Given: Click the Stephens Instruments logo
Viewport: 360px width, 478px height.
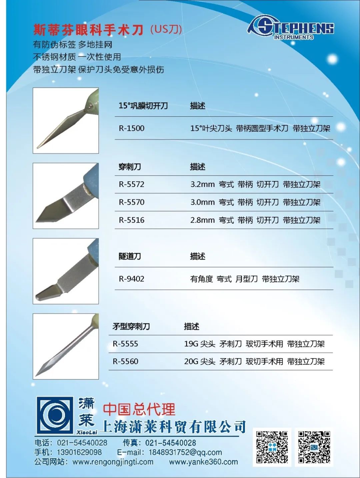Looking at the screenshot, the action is coord(290,28).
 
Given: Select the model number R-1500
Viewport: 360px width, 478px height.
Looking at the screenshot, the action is coord(131,128).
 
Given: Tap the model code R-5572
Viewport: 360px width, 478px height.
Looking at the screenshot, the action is coord(131,184).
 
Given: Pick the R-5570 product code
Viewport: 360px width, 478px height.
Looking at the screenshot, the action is coord(131,202).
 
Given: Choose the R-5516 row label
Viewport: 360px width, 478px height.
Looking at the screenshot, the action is coord(131,220).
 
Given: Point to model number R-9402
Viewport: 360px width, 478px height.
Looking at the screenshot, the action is coord(131,279).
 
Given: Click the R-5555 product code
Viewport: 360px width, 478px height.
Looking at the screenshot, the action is coord(125,344).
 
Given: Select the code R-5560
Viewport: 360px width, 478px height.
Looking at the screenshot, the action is coord(125,361).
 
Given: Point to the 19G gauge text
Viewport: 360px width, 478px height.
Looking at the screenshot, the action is coord(191,344).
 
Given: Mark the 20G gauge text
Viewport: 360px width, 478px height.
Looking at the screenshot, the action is coord(191,361).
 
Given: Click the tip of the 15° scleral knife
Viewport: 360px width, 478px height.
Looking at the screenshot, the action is coord(37,148).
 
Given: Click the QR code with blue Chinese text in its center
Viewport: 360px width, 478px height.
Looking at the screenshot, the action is coord(272,447).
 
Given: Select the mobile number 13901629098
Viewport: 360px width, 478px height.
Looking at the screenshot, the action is coord(79,452).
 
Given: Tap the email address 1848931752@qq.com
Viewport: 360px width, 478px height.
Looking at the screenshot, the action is coord(185,452).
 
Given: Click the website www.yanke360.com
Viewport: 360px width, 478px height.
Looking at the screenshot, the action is coord(203,462).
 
